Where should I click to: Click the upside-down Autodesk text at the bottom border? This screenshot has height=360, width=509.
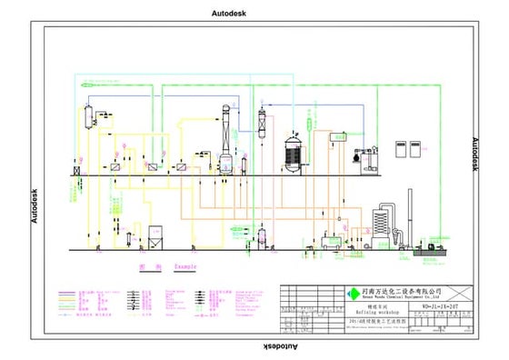click(x=279, y=348)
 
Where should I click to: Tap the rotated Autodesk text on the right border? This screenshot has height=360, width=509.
click(x=474, y=155)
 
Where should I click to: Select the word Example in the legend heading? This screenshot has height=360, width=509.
click(x=185, y=266)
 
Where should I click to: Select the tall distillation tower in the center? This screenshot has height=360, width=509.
click(x=226, y=136)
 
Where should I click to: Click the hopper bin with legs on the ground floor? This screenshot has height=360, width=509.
click(x=155, y=238)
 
